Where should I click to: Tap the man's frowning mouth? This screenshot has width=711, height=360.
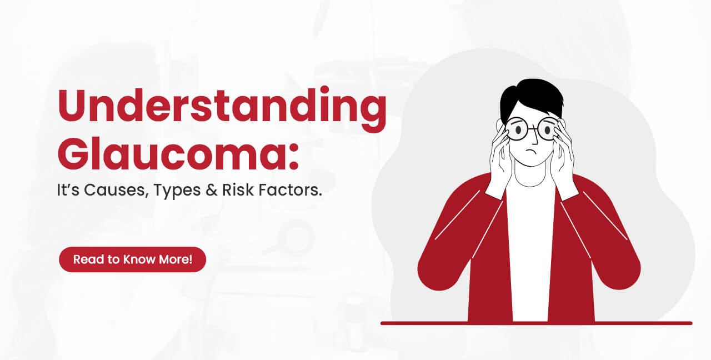coord(532,152)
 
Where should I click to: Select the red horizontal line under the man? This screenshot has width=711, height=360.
coord(536,323)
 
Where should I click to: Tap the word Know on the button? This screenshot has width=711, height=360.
coord(146,259)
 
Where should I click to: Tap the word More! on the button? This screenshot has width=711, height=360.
coord(177,259)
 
